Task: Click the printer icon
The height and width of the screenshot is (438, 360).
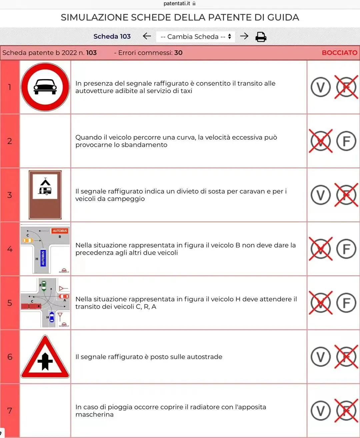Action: (261, 37)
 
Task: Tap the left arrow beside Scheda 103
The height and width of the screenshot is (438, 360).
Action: (147, 36)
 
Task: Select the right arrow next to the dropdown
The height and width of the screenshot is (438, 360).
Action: (244, 36)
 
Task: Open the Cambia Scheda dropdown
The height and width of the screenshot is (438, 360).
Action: (195, 37)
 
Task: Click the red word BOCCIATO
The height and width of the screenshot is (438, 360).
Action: (340, 53)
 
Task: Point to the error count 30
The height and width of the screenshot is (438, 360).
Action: (178, 53)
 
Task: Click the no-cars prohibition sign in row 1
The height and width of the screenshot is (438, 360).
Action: (45, 87)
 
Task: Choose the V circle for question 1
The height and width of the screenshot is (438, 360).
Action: (321, 87)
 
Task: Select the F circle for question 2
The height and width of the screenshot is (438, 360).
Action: (346, 141)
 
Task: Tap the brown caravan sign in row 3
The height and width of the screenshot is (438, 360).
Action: (45, 195)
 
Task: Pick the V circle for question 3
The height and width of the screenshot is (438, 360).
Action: (321, 195)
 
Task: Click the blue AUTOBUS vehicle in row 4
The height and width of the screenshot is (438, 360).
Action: (43, 258)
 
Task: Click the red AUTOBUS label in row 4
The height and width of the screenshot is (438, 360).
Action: (60, 231)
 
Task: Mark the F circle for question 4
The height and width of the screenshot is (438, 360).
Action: (346, 249)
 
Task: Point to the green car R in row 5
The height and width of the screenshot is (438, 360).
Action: (44, 286)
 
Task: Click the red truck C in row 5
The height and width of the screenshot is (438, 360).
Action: (31, 306)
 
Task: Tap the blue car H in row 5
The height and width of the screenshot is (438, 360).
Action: (52, 317)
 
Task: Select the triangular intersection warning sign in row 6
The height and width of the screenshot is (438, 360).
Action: (45, 357)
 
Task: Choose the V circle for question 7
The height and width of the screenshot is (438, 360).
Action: (321, 411)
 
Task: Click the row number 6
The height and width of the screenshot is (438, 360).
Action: (10, 357)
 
